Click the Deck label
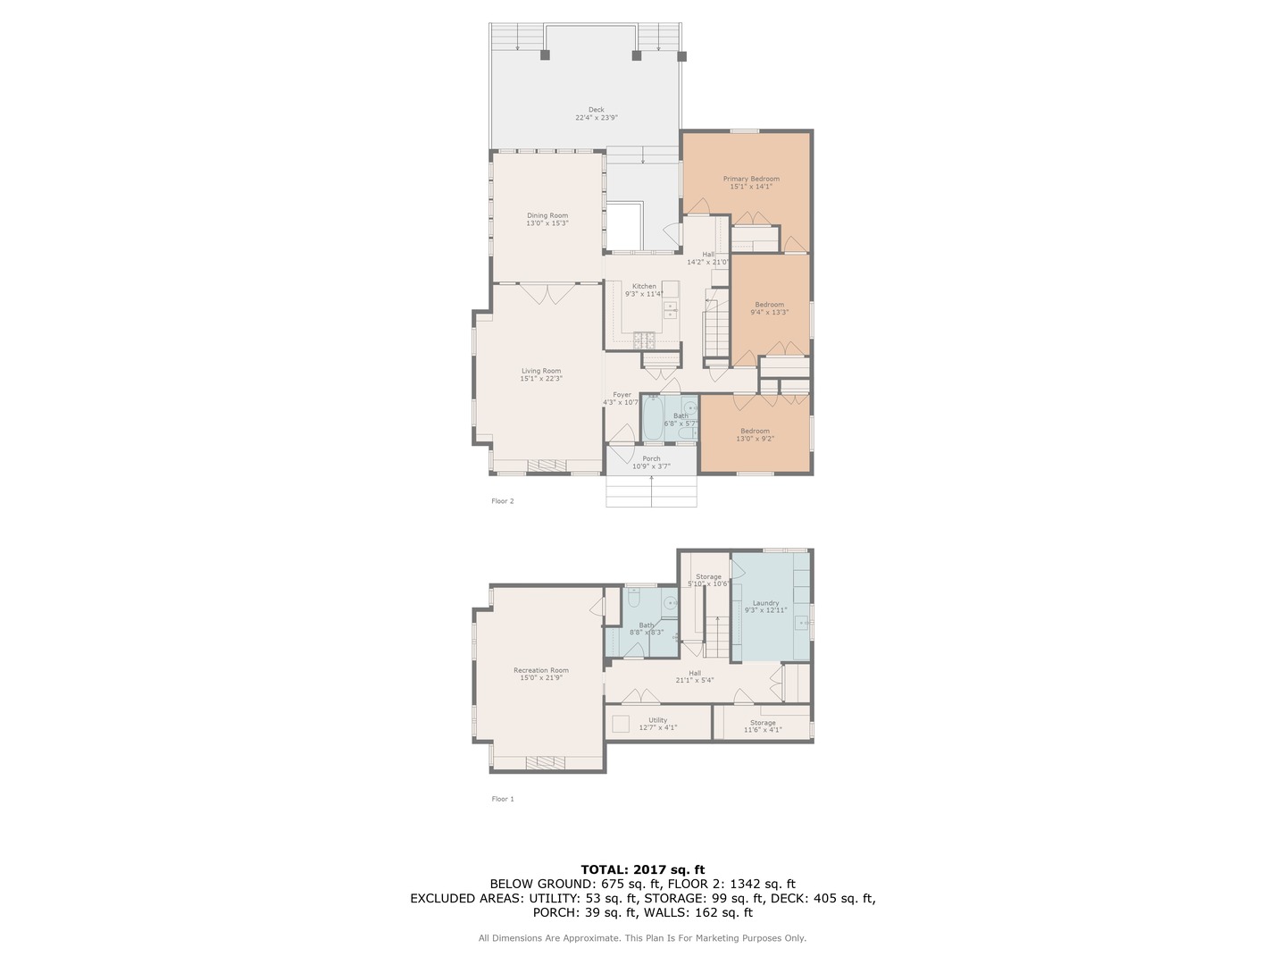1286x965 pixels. click(596, 113)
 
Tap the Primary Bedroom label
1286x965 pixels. click(750, 182)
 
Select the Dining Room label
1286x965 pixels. click(547, 219)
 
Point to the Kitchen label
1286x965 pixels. click(644, 289)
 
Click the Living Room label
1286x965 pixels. click(541, 374)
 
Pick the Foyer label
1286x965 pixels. click(622, 398)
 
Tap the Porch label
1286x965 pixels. click(651, 462)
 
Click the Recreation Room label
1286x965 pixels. click(540, 674)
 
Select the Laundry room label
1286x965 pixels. click(765, 607)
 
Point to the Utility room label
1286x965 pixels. click(657, 723)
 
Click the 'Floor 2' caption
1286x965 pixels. click(503, 501)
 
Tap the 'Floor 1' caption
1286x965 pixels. click(503, 799)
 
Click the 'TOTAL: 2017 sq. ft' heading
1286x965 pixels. click(643, 869)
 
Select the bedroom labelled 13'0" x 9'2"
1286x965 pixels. click(755, 434)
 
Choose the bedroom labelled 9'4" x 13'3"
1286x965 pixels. click(769, 308)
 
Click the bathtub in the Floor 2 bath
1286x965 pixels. click(652, 418)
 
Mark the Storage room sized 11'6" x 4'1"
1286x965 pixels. click(763, 726)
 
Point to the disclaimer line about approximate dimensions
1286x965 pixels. click(642, 938)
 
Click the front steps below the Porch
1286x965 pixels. click(651, 492)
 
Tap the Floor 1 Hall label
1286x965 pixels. click(694, 676)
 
